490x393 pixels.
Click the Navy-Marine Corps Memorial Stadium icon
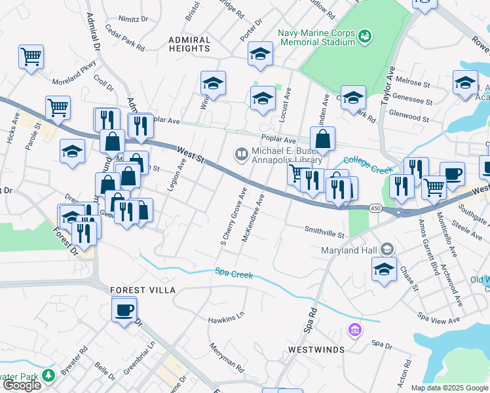click(x=365, y=34)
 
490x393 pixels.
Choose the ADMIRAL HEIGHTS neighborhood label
click(x=189, y=45)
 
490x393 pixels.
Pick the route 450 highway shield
click(x=374, y=208)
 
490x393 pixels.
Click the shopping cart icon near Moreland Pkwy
click(x=31, y=56)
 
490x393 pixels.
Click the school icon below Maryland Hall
click(x=384, y=269)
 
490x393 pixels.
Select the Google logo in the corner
click(x=22, y=385)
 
